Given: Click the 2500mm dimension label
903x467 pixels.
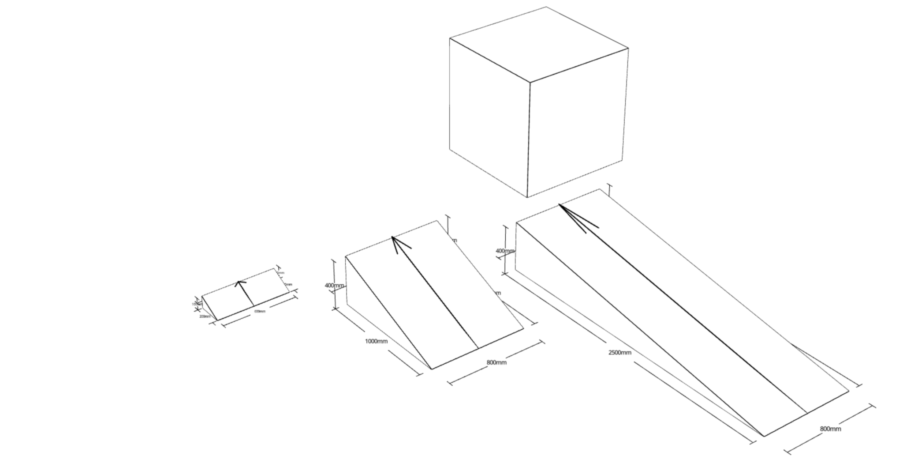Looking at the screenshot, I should [x=619, y=352].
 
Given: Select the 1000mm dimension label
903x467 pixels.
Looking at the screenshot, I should [x=376, y=341].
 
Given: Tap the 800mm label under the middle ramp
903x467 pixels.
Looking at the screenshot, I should [x=496, y=362].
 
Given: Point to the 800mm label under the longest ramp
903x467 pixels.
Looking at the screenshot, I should [x=830, y=429].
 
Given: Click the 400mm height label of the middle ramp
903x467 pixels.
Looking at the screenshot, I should [x=334, y=286].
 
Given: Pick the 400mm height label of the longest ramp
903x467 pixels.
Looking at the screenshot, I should [x=505, y=251].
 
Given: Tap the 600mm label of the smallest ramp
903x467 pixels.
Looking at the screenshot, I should [x=260, y=312].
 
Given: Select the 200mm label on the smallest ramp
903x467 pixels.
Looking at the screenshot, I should [x=205, y=316].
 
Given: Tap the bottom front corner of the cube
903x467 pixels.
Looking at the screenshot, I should [x=527, y=197].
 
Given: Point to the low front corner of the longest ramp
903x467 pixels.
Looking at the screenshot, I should [x=764, y=436].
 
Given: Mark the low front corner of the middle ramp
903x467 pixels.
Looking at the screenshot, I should [x=432, y=369].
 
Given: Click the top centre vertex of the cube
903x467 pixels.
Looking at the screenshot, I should [x=529, y=82].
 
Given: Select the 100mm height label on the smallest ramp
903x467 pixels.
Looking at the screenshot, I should [x=196, y=304].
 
